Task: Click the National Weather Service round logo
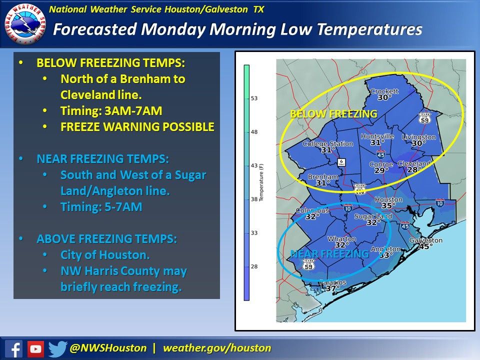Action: click(x=24, y=24)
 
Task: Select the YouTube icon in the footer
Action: click(x=35, y=348)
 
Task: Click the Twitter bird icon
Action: click(x=58, y=348)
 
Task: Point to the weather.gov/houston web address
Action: click(x=217, y=348)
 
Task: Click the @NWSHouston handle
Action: click(x=108, y=348)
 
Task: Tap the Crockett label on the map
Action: click(x=384, y=91)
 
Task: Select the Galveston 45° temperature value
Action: click(x=425, y=246)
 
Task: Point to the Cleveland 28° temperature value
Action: click(x=414, y=170)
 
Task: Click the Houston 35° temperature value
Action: click(x=388, y=205)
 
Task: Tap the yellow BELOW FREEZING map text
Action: click(x=333, y=114)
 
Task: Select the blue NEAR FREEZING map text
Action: click(x=329, y=254)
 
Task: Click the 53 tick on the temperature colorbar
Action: click(x=253, y=98)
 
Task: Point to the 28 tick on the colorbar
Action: click(x=253, y=266)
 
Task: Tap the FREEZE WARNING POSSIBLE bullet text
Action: click(x=137, y=127)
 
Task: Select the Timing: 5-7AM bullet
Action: click(x=101, y=207)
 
